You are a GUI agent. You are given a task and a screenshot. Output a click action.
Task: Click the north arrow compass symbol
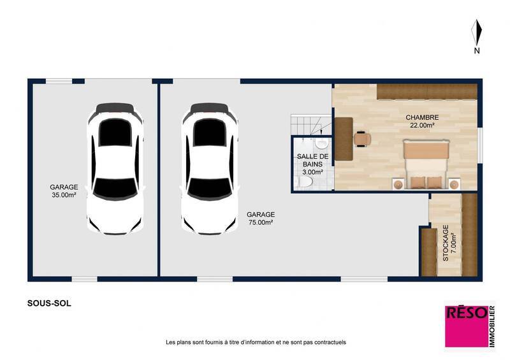pyautogui.click(x=476, y=34)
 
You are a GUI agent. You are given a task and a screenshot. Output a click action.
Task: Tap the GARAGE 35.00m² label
pyautogui.click(x=64, y=191)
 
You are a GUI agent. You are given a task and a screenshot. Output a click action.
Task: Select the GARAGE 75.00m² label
pyautogui.click(x=260, y=219)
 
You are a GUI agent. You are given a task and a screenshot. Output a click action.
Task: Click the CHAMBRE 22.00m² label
pyautogui.click(x=423, y=121)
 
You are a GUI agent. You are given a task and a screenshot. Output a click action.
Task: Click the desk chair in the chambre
pyautogui.click(x=362, y=138)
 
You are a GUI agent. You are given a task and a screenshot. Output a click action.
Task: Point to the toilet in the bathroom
pyautogui.click(x=306, y=184)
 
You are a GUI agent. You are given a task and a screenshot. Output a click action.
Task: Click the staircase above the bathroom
pyautogui.click(x=309, y=125)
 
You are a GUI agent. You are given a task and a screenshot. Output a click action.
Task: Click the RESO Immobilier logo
pyautogui.click(x=469, y=325)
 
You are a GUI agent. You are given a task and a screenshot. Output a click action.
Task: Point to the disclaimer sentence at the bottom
pyautogui.click(x=255, y=342)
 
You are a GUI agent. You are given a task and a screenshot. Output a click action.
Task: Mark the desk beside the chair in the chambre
pyautogui.click(x=344, y=139)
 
